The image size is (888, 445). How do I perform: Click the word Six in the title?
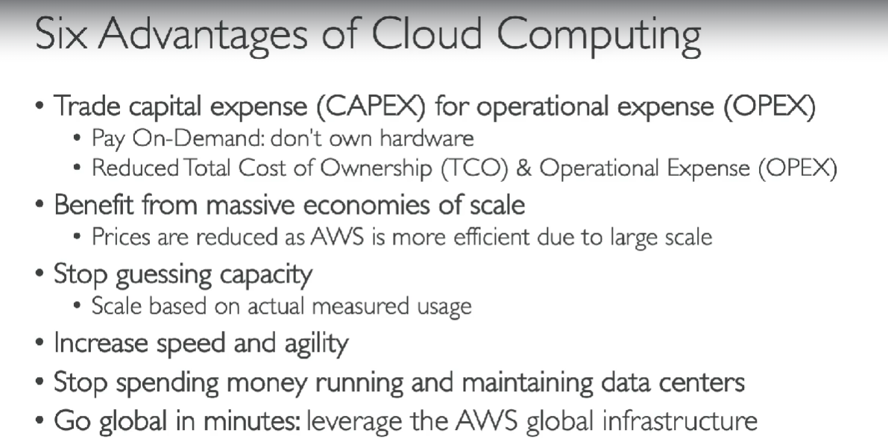point(61,34)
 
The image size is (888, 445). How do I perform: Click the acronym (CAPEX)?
point(371,107)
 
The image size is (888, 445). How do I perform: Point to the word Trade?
point(87,106)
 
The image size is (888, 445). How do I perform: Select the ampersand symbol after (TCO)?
point(524,168)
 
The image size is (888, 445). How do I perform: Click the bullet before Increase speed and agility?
point(39,343)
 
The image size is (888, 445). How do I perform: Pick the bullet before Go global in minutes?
point(39,420)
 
